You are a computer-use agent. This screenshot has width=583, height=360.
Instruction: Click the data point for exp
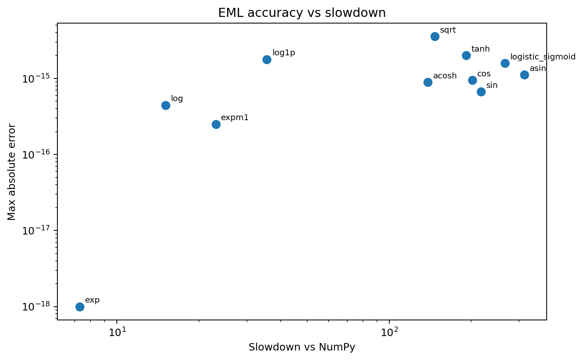point(80,307)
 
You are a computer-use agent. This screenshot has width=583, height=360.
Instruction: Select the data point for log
point(166,105)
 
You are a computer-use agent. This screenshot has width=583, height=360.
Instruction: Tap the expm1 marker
point(216,124)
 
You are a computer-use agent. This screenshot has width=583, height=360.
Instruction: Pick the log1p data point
point(267,59)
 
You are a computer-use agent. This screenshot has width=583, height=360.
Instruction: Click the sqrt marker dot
point(435,36)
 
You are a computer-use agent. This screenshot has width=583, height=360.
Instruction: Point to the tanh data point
point(466,55)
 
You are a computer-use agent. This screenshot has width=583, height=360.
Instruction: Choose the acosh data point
point(428,82)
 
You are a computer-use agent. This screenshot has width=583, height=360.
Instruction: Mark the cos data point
point(472,80)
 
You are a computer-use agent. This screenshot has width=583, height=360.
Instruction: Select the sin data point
point(481,92)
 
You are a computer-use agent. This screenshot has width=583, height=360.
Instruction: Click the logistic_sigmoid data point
point(505,63)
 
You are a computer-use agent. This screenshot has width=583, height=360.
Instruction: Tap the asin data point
point(524,75)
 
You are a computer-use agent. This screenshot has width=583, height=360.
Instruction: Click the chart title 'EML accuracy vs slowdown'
point(302,13)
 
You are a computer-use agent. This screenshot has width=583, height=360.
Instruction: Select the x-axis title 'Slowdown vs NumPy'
point(302,347)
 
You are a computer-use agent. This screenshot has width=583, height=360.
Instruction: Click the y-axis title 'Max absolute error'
point(12,172)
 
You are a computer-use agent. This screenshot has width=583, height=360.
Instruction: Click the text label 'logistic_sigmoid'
point(543,57)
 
